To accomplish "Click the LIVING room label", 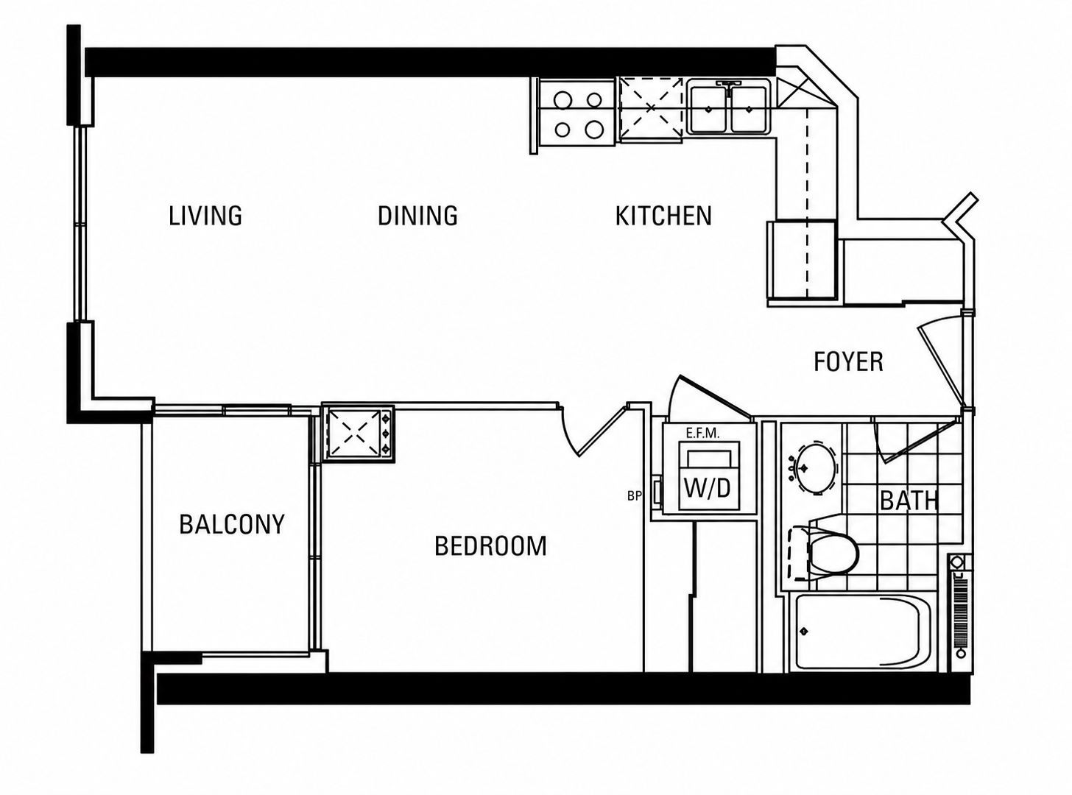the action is pyautogui.click(x=205, y=216).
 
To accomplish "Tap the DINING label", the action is pyautogui.click(x=417, y=216).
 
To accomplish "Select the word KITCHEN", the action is pyautogui.click(x=663, y=216).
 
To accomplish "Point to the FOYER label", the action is pyautogui.click(x=849, y=361).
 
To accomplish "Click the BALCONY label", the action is pyautogui.click(x=232, y=524).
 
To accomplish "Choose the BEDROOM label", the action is pyautogui.click(x=490, y=545).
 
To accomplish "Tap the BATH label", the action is pyautogui.click(x=909, y=501).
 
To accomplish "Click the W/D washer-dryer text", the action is pyautogui.click(x=707, y=488).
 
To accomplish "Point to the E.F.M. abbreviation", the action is pyautogui.click(x=702, y=434).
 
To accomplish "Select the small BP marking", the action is pyautogui.click(x=634, y=496).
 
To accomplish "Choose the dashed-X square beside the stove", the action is pyautogui.click(x=651, y=108).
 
